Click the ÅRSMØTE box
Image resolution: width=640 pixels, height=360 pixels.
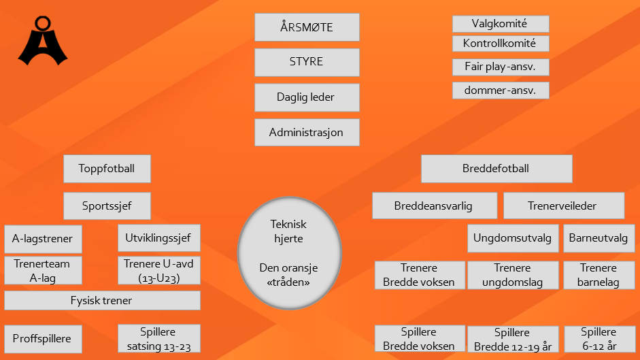(x=307, y=27)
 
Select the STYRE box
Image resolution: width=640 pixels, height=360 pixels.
(x=307, y=62)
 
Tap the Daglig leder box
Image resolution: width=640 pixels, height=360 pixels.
(x=307, y=97)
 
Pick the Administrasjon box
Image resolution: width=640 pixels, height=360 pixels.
(x=307, y=133)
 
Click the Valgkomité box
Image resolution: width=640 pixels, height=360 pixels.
(x=501, y=24)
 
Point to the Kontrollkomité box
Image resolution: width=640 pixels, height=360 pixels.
(x=501, y=44)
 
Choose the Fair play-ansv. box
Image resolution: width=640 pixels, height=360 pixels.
(x=501, y=67)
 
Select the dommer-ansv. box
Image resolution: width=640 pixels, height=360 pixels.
(x=501, y=91)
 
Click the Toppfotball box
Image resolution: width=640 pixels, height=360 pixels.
(x=107, y=169)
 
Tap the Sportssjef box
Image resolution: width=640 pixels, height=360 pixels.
(x=107, y=206)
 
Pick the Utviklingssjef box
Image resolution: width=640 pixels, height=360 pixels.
(x=158, y=238)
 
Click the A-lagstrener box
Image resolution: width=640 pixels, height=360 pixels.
(x=43, y=239)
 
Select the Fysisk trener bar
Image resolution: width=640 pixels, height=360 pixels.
(x=102, y=300)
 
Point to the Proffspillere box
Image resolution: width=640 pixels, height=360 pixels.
(x=43, y=339)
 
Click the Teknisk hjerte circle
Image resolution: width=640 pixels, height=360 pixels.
(x=289, y=253)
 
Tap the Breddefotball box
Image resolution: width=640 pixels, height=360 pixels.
(x=496, y=169)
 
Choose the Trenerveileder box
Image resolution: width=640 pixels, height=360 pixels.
(x=564, y=206)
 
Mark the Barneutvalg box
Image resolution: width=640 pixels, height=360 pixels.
(x=599, y=238)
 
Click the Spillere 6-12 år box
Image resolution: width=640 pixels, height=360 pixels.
(x=599, y=339)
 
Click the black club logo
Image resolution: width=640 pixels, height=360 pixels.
(x=43, y=41)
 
